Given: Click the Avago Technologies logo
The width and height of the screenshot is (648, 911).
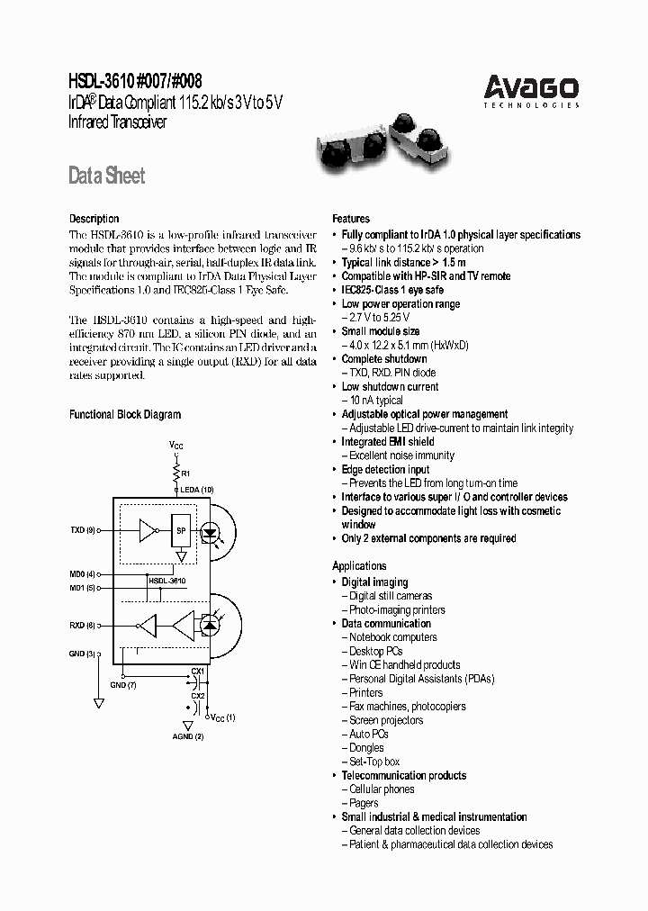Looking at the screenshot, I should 531,92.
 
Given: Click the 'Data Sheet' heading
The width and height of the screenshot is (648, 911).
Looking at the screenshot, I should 106,176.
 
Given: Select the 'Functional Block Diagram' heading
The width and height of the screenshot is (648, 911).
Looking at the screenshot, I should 125,414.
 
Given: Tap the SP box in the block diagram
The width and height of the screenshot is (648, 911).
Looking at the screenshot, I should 180,532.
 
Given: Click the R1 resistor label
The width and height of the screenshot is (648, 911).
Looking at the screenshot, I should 185,473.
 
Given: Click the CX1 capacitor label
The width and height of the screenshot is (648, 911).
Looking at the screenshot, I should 198,671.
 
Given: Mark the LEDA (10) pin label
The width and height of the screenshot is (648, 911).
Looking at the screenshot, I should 196,489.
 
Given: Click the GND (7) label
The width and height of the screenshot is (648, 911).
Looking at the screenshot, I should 122,685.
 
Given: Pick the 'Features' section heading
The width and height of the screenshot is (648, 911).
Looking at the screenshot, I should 351,219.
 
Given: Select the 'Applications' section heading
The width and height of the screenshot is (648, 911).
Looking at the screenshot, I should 359,566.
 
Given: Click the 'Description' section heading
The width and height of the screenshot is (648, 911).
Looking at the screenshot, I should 94,219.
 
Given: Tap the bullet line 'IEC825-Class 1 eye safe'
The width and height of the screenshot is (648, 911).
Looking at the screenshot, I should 392,290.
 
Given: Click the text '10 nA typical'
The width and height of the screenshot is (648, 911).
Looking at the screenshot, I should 375,401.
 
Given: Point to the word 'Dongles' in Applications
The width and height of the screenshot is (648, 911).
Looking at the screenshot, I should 366,748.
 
